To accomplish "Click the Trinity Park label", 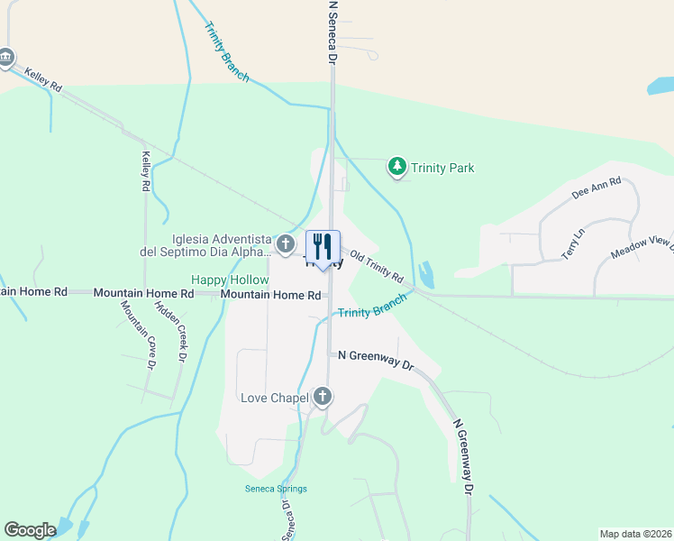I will [442, 168].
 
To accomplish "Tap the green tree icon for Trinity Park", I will [396, 167].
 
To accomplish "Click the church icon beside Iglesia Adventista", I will [285, 243].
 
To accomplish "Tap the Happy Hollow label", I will [229, 280].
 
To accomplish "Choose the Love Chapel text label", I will [274, 397].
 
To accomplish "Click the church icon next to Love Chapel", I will [323, 397].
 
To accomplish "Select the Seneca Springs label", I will [276, 489].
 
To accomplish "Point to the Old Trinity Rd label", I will [377, 266].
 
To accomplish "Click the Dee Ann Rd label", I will [597, 188].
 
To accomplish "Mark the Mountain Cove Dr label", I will [138, 335].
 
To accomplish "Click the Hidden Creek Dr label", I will [173, 329].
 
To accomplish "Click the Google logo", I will [30, 530].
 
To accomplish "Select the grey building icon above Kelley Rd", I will [6, 59].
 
